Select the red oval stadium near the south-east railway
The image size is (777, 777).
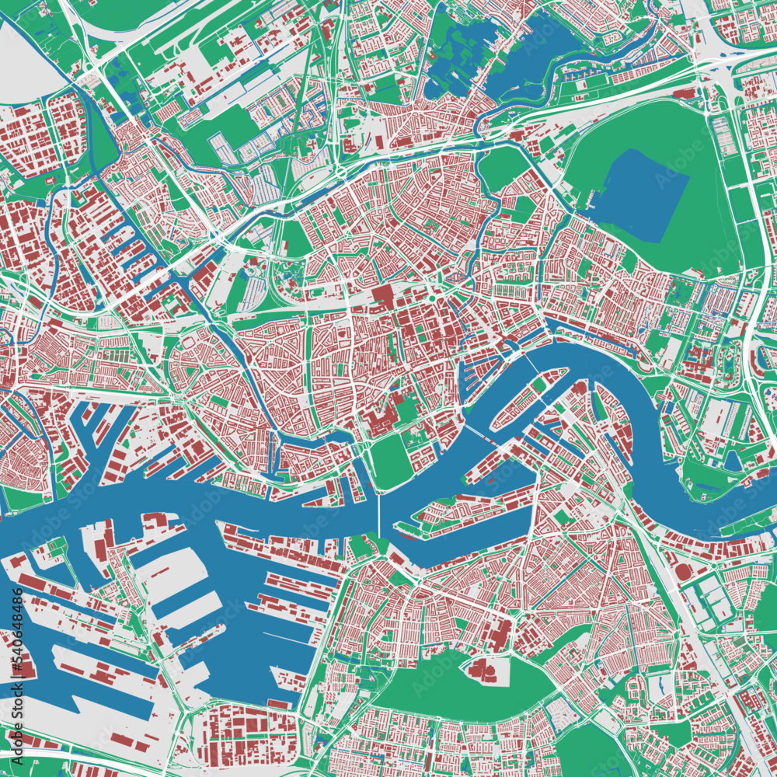click(683, 571)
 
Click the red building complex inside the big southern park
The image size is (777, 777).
click(482, 670)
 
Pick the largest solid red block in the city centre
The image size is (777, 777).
click(382, 296)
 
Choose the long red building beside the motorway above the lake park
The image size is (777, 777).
click(684, 94)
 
